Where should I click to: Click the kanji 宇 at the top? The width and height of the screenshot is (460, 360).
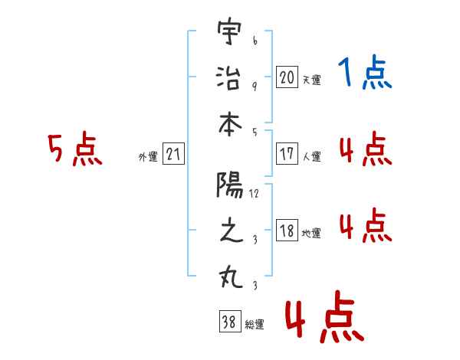(x=229, y=31)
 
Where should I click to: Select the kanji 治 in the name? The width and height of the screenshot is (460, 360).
(x=228, y=77)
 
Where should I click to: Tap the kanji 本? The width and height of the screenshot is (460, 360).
(x=230, y=125)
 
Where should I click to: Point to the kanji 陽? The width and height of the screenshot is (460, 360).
(x=230, y=185)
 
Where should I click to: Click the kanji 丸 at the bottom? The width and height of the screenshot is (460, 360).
(x=231, y=277)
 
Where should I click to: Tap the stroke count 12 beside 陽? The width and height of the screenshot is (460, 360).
(x=254, y=194)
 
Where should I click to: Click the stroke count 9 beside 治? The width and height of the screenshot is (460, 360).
(x=255, y=87)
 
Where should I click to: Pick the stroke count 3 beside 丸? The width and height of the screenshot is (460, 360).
(x=255, y=285)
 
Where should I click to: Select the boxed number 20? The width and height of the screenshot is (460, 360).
(x=287, y=77)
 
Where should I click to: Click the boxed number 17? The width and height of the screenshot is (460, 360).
(x=287, y=153)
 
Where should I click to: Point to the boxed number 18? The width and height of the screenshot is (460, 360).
(x=287, y=230)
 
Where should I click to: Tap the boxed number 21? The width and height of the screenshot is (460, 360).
(x=173, y=153)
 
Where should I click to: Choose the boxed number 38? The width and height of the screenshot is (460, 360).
(x=230, y=321)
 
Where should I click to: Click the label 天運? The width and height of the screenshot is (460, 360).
(x=312, y=80)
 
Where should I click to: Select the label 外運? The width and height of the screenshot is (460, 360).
(x=148, y=156)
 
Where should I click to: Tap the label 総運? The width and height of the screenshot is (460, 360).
(x=255, y=325)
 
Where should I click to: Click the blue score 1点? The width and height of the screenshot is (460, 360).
(x=365, y=72)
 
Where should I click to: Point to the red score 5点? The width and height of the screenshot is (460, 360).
(x=75, y=149)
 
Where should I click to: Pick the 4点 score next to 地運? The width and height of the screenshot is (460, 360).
(x=366, y=225)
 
